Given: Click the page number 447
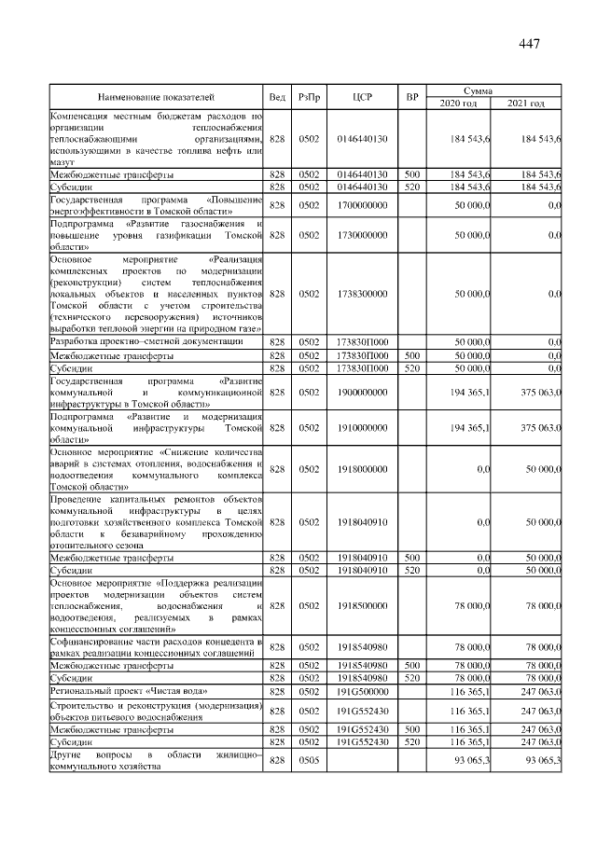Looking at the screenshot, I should [528, 44].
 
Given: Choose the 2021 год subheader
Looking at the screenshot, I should [527, 103].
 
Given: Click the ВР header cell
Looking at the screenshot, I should [412, 96].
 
